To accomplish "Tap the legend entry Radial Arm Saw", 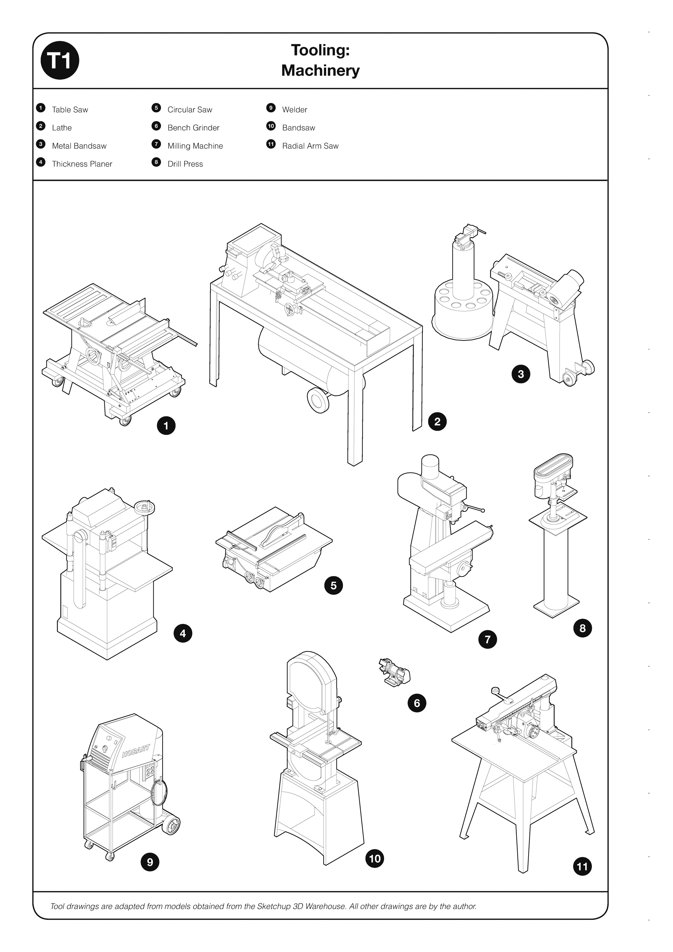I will [310, 146].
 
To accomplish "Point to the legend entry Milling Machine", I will [195, 146].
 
